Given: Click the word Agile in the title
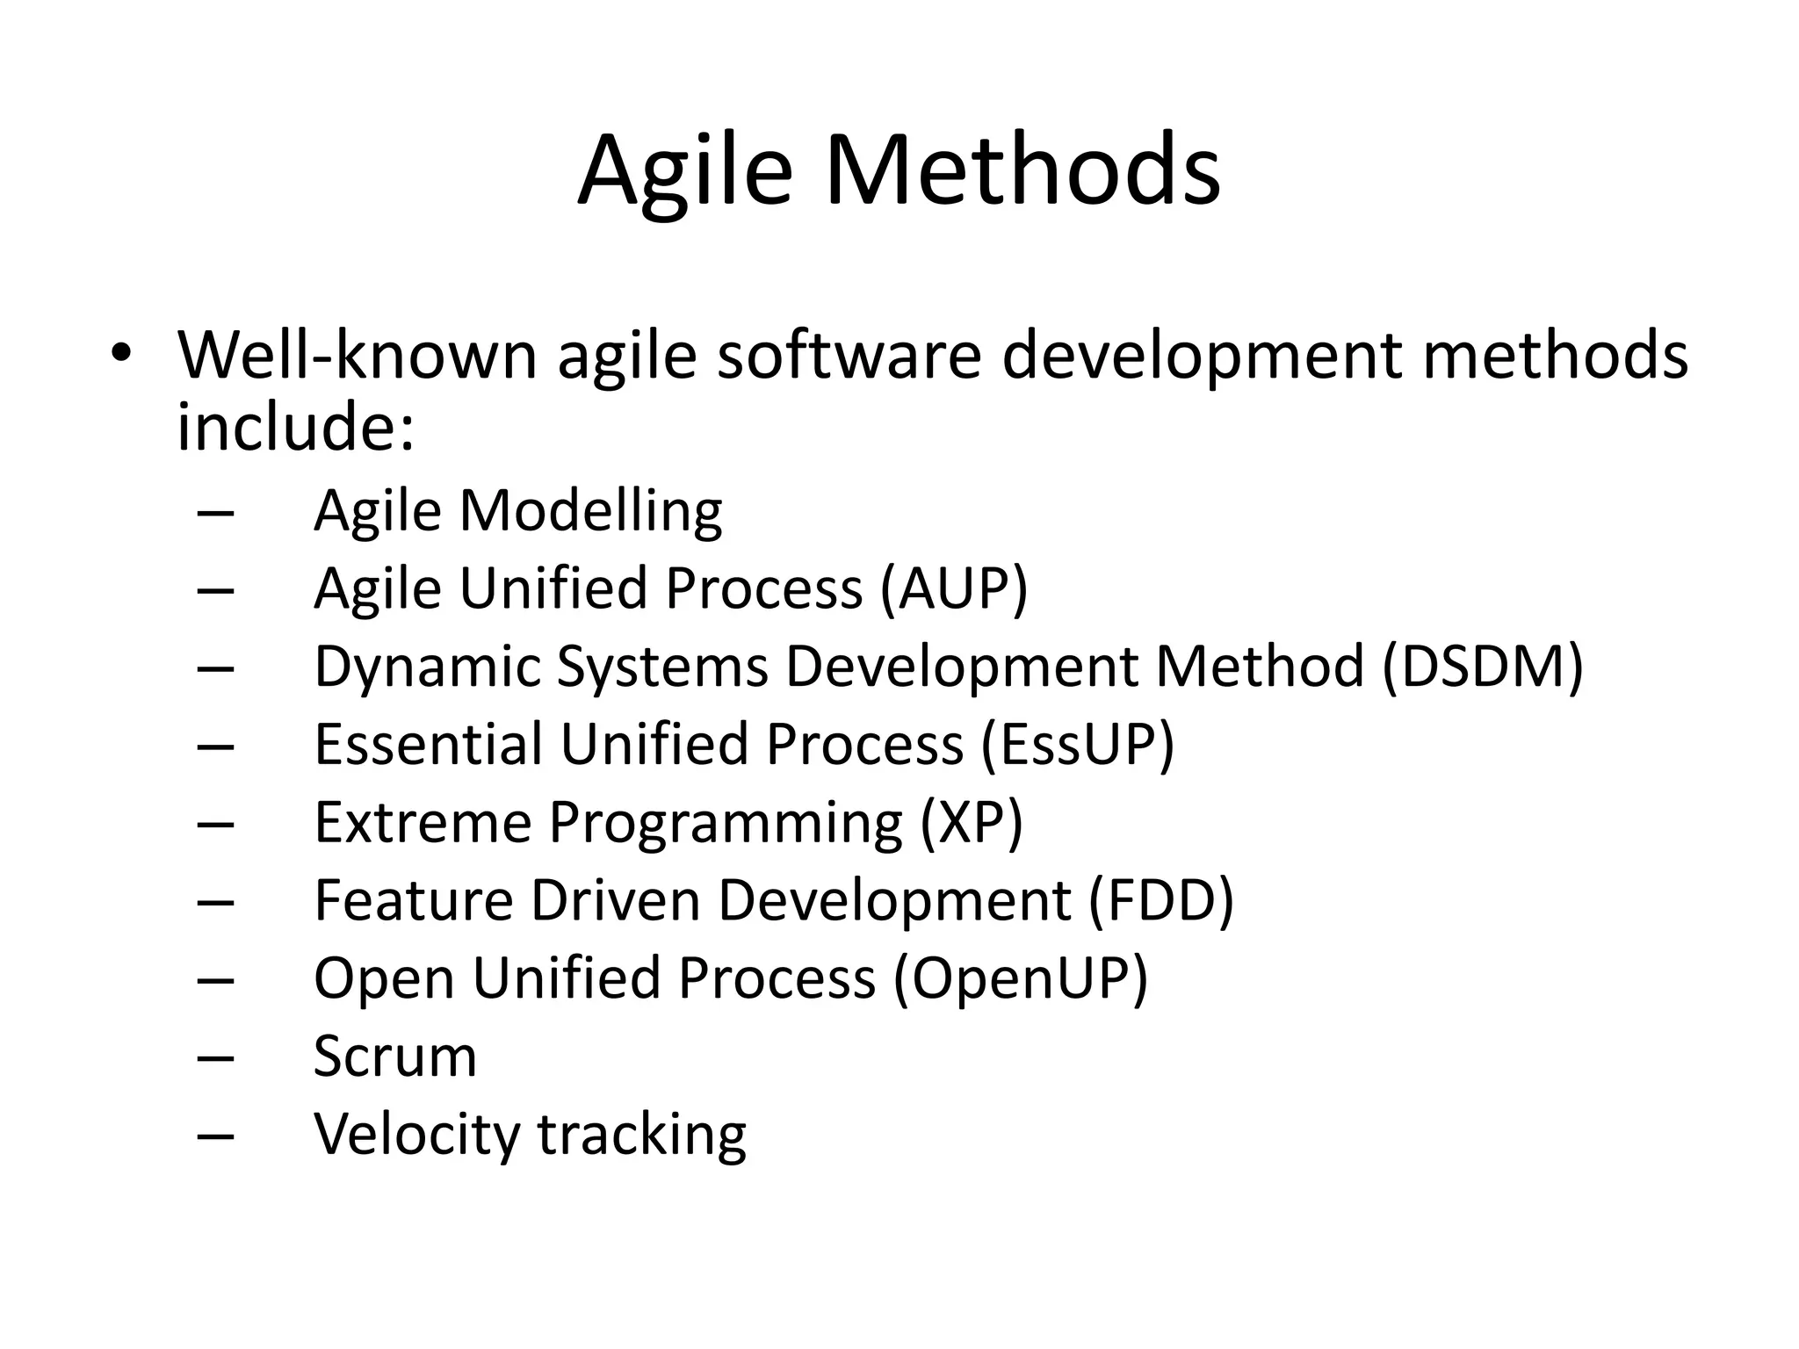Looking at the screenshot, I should click(684, 171).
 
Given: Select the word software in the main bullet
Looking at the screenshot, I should click(849, 355).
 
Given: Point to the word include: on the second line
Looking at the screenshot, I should click(295, 427).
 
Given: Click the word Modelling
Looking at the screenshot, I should click(590, 510).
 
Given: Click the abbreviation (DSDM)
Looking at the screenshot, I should click(1483, 666).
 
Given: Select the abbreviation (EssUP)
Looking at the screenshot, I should click(1077, 744).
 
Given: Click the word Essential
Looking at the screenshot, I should click(428, 744).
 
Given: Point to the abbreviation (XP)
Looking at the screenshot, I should click(972, 822).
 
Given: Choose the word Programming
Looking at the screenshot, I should click(726, 824).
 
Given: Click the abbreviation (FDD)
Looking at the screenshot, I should click(1160, 900).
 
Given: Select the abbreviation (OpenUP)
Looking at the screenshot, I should click(1020, 978).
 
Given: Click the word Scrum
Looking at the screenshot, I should click(395, 1056).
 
